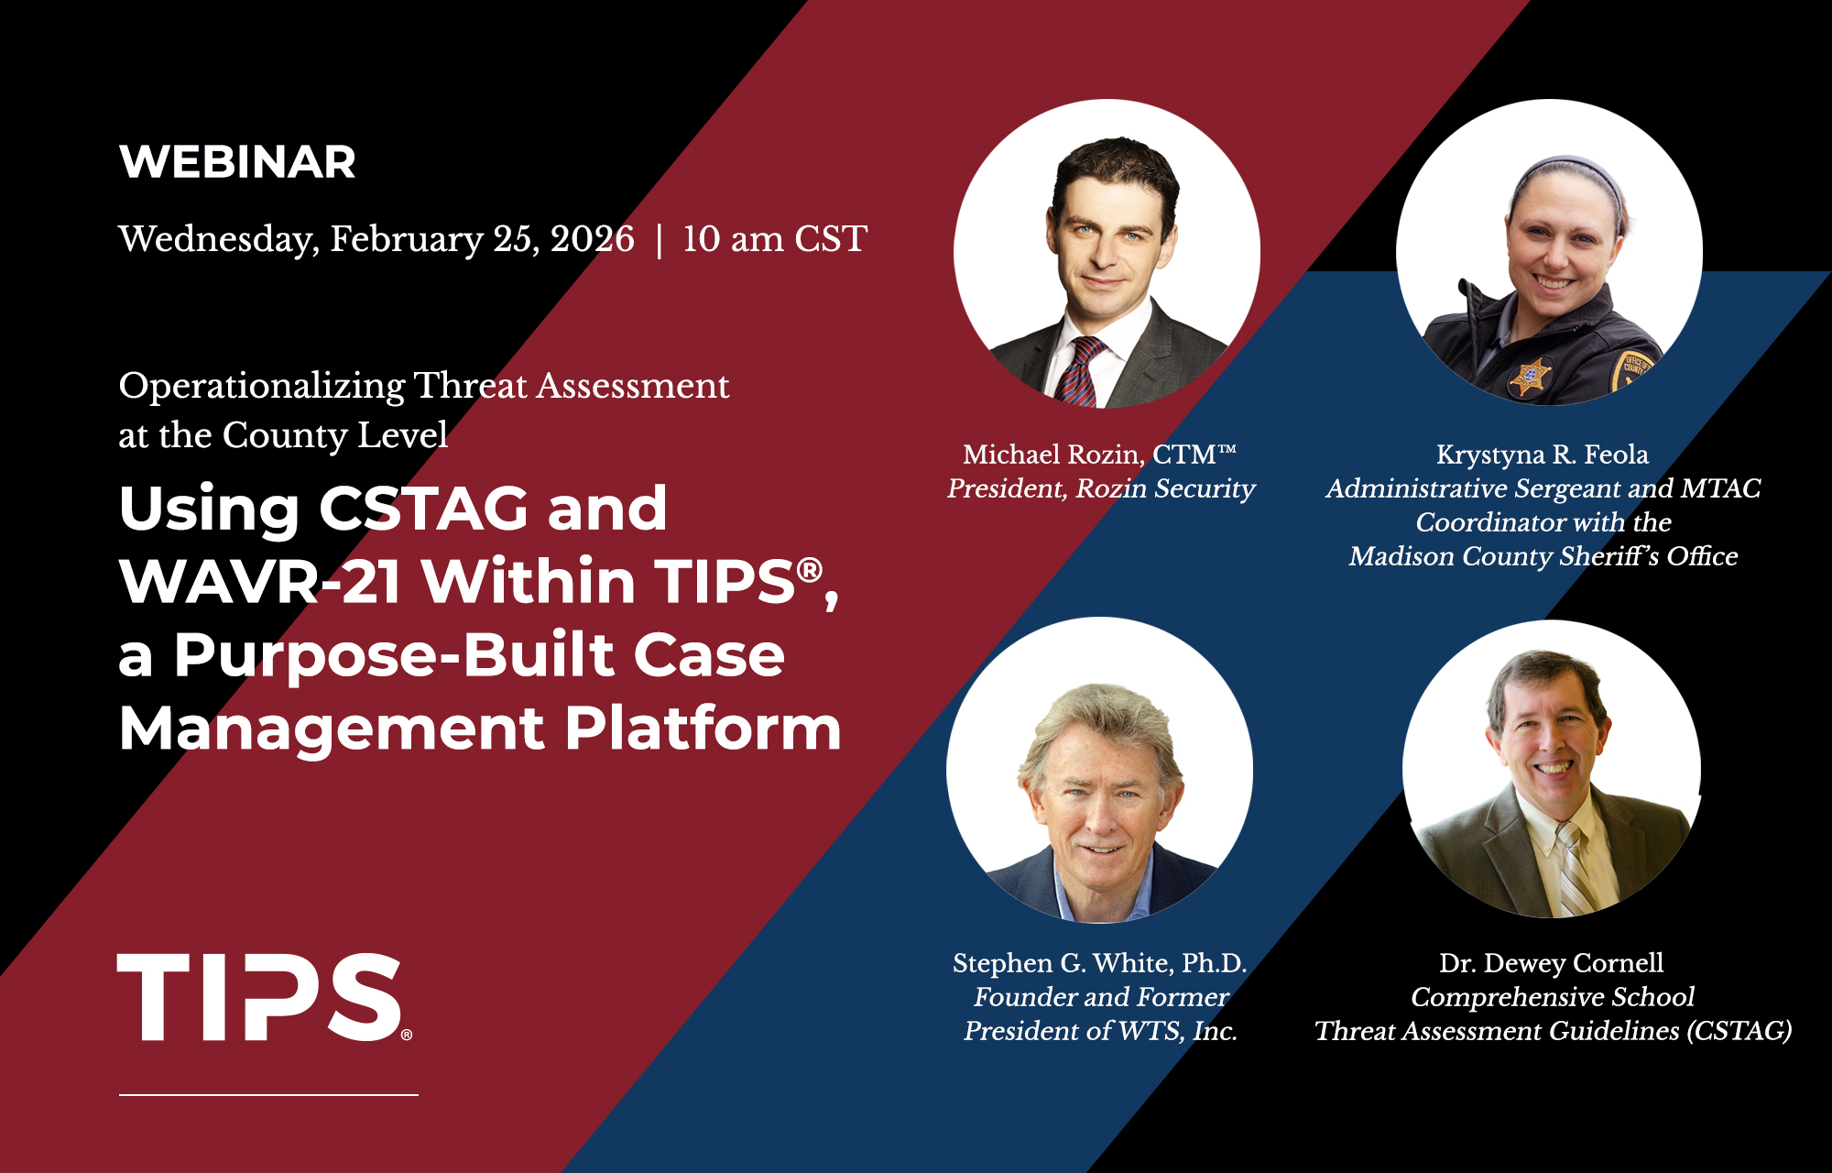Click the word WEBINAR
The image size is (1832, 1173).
(237, 162)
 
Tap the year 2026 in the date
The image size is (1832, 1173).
(592, 238)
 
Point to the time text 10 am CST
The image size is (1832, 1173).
(774, 238)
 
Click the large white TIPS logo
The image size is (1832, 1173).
(265, 997)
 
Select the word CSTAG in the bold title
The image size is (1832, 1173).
(422, 509)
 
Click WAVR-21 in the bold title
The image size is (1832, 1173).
(259, 581)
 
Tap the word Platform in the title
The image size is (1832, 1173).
(703, 729)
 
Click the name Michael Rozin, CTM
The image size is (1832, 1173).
(1099, 454)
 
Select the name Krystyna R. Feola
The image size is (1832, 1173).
(1543, 454)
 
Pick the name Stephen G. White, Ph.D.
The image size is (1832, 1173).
(1100, 962)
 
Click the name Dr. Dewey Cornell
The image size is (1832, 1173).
(1552, 962)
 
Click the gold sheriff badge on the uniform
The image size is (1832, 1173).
(1530, 377)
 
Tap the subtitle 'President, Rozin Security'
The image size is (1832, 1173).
(1101, 488)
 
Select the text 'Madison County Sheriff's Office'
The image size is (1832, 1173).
(1543, 556)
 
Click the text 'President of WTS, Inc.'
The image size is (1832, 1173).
(1100, 1031)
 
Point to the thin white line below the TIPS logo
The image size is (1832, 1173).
(268, 1094)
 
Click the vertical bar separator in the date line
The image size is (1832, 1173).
(659, 240)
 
